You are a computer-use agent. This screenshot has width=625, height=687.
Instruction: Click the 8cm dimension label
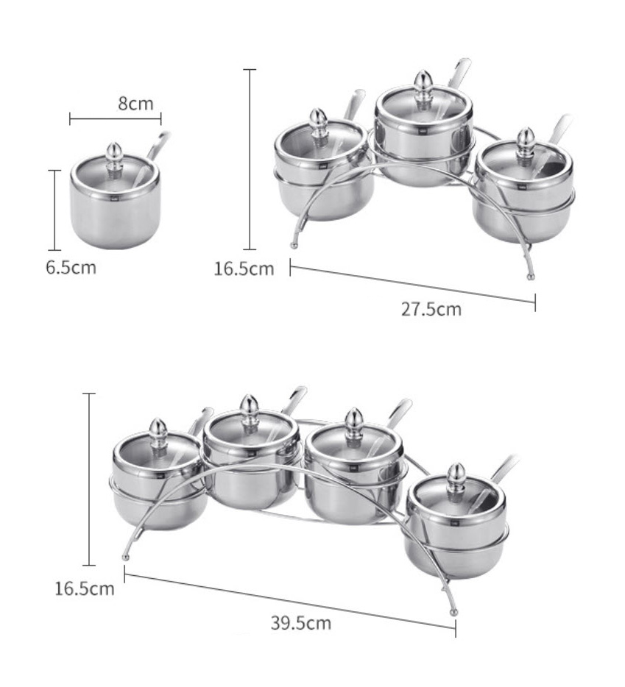coord(136,103)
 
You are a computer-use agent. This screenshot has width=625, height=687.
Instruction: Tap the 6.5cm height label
coord(71,267)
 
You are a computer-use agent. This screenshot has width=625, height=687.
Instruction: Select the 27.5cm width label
coord(431,309)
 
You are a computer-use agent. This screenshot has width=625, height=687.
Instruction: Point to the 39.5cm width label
coord(300,624)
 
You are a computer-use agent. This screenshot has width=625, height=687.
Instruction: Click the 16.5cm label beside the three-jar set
coord(244,268)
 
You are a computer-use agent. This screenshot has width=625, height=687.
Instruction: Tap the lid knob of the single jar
coord(114,153)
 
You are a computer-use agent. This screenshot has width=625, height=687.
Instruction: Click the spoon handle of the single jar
coord(158,143)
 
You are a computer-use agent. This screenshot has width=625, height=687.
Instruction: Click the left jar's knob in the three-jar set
coord(318,120)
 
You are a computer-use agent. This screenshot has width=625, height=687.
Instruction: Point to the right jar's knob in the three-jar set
coord(525,139)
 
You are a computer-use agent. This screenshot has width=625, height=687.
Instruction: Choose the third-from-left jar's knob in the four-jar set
coord(355,421)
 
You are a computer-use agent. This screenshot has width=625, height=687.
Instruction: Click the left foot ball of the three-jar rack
coord(294,245)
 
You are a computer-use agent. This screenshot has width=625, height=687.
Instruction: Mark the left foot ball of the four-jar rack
coord(126,557)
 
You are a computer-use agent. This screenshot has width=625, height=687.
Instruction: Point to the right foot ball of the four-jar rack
coord(453,611)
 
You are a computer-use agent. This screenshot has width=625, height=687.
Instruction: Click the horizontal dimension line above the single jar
coord(116,118)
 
